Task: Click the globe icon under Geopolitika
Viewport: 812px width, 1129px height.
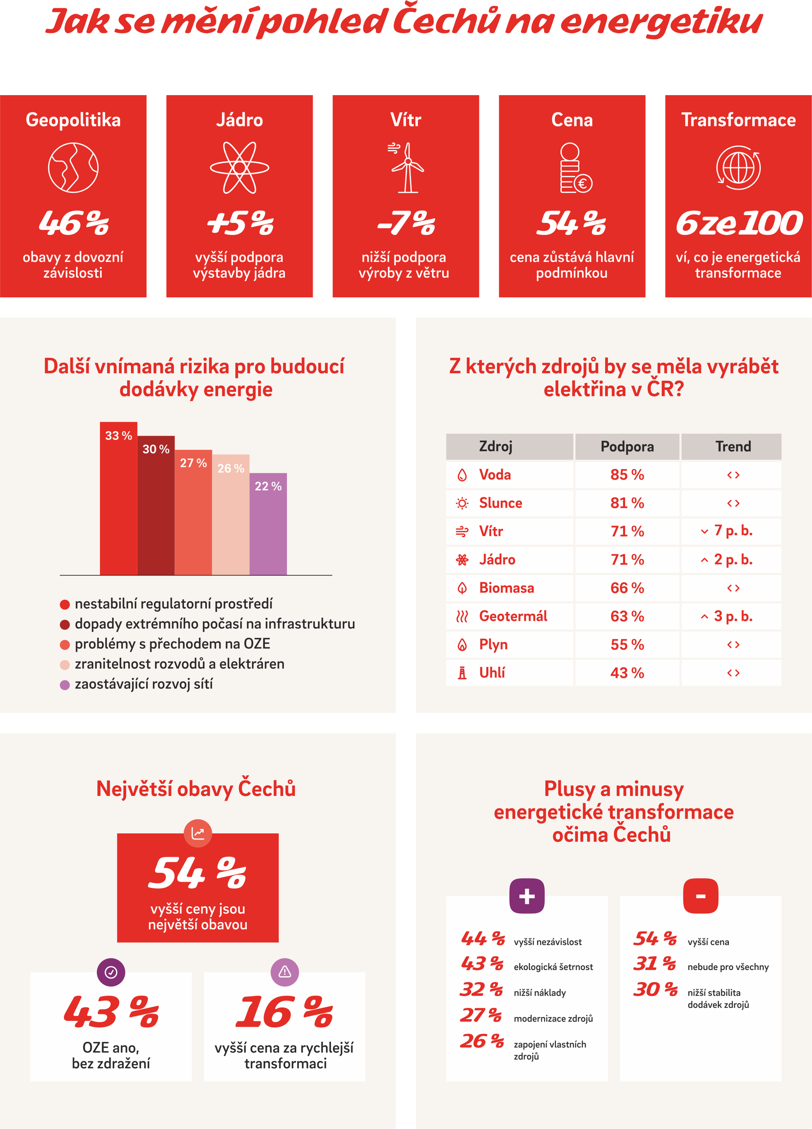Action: pos(73,168)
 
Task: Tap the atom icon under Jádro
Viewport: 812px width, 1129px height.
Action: pos(240,168)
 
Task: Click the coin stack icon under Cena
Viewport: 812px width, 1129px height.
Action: pos(575,168)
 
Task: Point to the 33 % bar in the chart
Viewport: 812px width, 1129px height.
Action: pos(119,499)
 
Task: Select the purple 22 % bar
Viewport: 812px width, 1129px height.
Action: pos(268,524)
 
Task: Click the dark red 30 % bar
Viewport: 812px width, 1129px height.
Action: pos(156,505)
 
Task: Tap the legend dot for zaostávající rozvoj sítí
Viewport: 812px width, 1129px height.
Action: pos(65,685)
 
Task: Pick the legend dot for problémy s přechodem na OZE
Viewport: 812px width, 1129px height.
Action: pos(65,645)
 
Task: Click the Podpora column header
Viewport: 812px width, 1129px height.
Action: pos(627,446)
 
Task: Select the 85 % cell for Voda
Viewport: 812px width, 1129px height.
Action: pos(627,475)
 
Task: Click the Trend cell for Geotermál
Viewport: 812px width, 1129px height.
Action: pos(731,616)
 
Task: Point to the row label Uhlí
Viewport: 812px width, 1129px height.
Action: pos(492,673)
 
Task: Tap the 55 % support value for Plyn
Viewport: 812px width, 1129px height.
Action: pos(627,645)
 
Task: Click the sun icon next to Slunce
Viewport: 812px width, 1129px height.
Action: pos(462,503)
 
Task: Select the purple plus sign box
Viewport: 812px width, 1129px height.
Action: pos(527,896)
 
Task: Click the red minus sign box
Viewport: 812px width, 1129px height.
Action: pos(701,896)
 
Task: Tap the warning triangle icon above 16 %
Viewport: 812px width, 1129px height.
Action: pos(285,971)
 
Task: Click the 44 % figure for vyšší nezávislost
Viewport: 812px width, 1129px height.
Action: pos(483,938)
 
